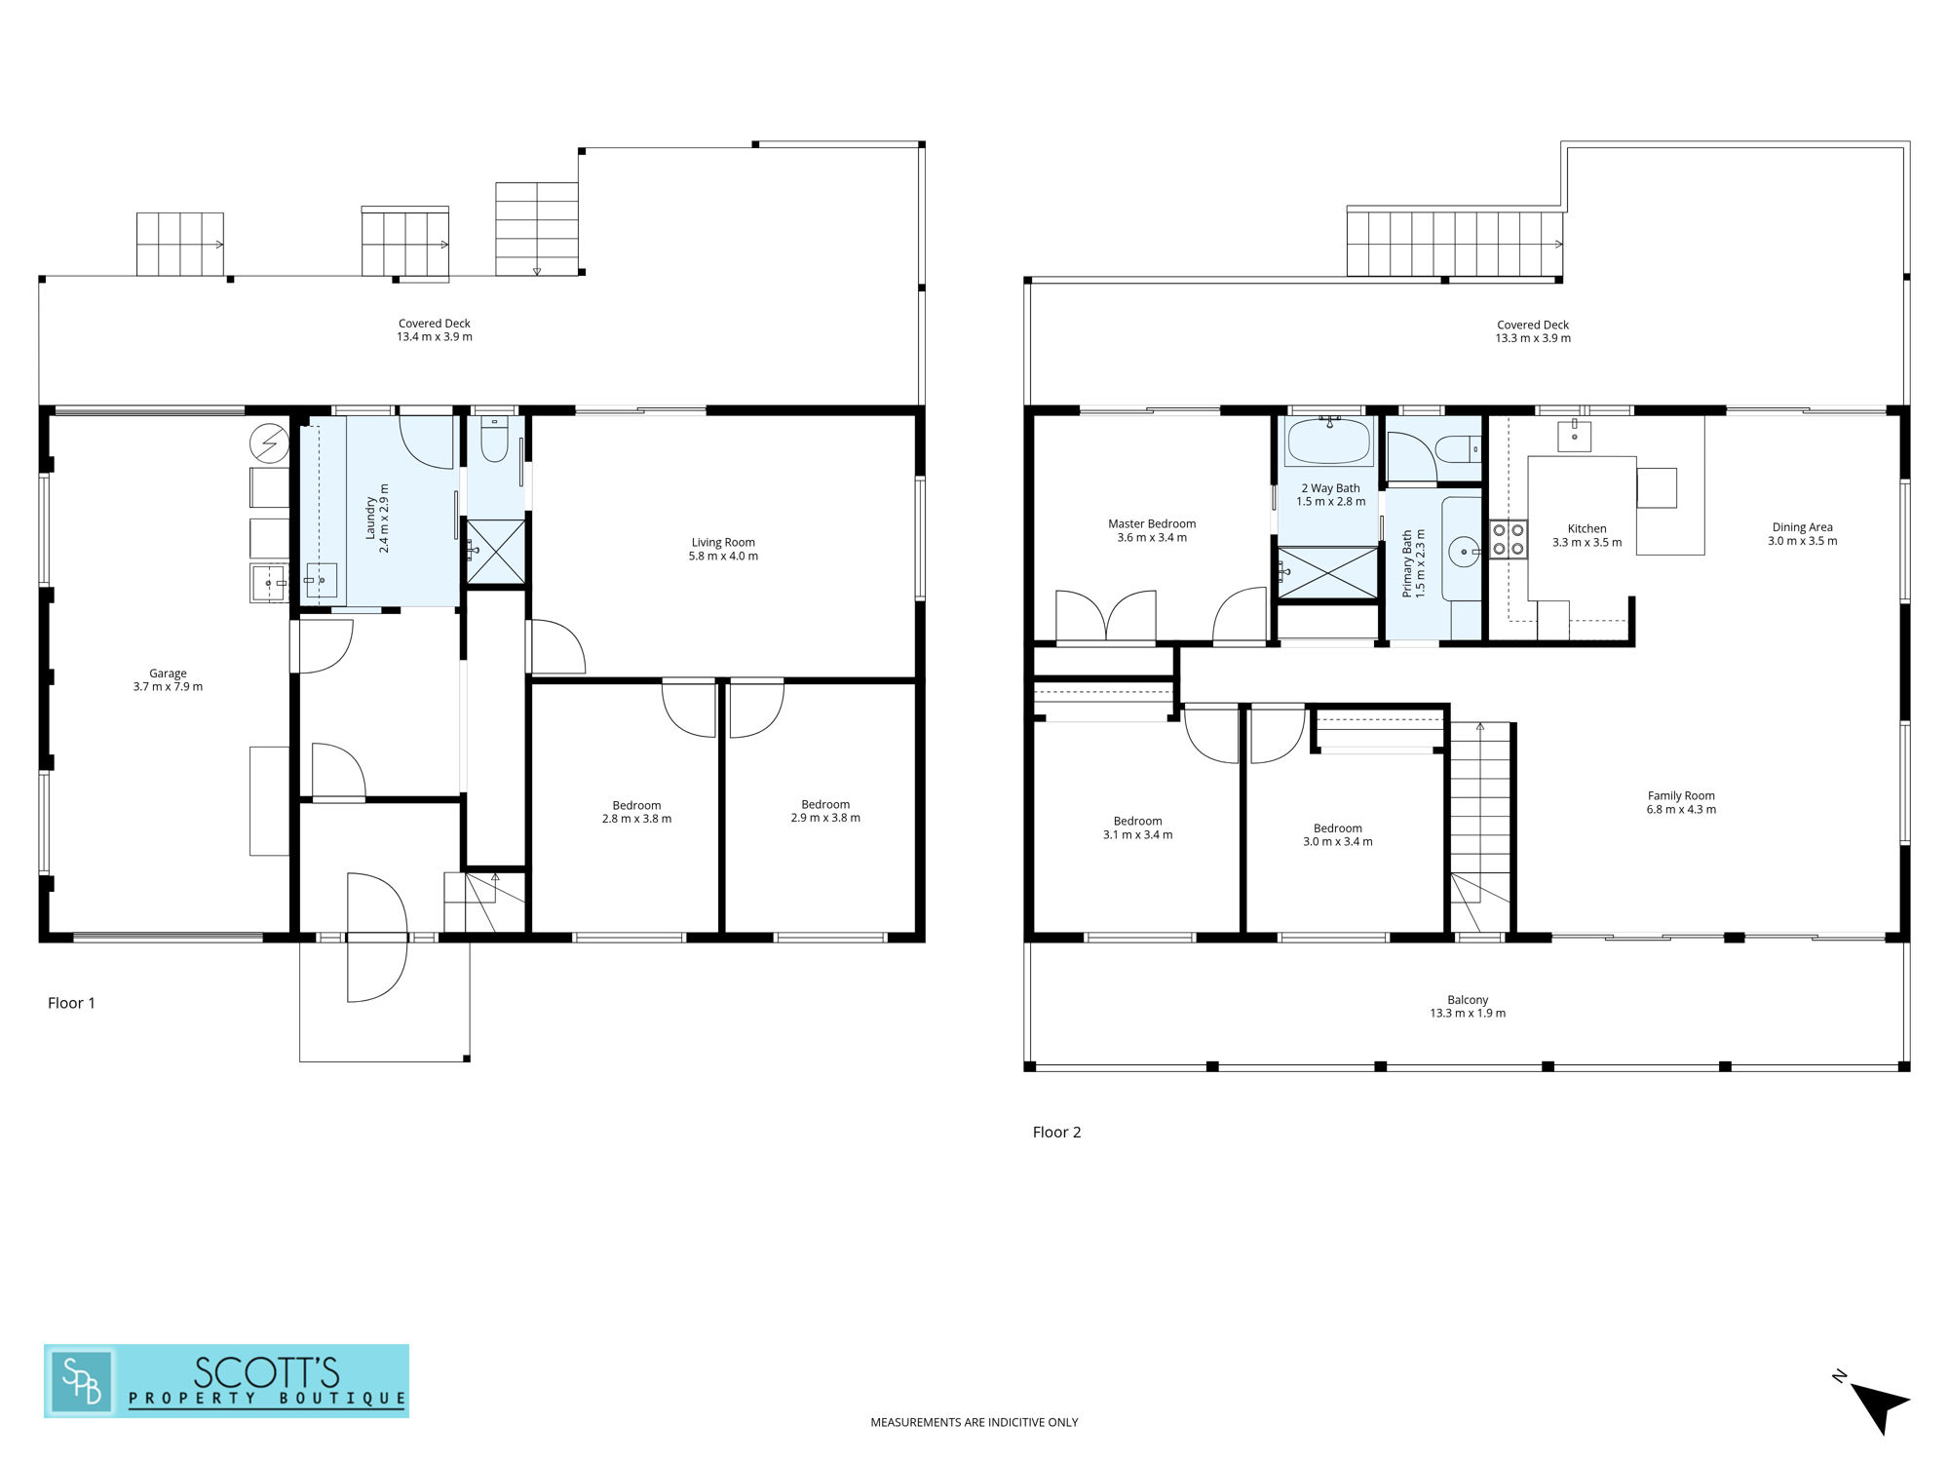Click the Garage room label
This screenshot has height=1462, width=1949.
168,673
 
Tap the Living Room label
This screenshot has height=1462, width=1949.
723,543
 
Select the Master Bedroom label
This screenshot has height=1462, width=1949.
1152,524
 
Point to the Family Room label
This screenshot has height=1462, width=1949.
1681,796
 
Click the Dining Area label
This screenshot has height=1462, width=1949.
1802,527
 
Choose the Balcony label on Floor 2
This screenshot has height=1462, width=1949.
1468,1000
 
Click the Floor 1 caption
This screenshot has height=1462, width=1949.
71,1003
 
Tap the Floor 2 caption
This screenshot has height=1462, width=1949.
1056,1133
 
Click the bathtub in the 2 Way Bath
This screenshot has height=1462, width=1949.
1328,442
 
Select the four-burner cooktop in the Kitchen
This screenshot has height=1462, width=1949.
1509,540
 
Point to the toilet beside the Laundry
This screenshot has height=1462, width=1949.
494,440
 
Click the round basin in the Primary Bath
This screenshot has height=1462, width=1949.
1464,552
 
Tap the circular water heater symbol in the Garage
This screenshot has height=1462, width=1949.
269,443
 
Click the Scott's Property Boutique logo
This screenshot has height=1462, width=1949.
226,1381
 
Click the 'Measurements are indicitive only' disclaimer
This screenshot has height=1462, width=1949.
974,1423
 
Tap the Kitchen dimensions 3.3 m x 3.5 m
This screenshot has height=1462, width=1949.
1586,543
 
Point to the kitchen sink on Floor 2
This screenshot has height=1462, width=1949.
1574,436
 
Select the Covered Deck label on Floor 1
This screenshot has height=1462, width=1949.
435,324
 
